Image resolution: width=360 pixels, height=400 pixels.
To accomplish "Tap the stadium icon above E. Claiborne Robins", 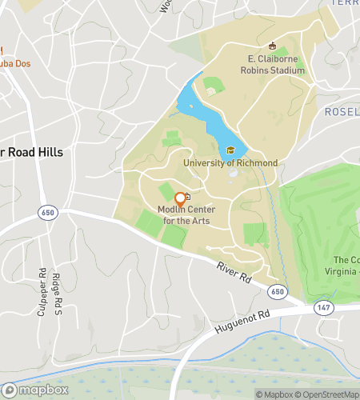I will coord(272,46).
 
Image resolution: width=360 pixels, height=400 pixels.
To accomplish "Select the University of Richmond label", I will coord(230,163).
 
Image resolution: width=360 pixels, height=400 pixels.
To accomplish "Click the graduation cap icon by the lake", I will coord(230,150).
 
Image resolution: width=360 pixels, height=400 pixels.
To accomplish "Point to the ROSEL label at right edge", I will coord(342,113).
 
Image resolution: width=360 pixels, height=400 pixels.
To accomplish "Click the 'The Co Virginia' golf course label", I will coord(346,266).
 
